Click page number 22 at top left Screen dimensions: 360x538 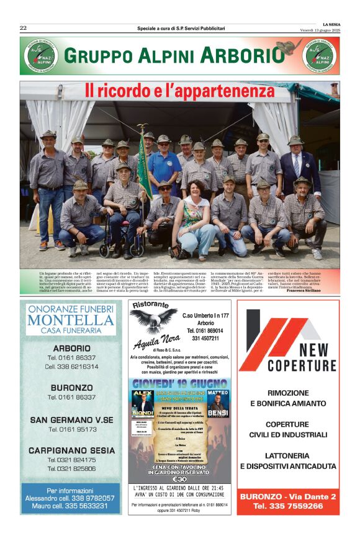(x=23, y=28)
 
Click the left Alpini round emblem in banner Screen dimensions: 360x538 (x=38, y=56)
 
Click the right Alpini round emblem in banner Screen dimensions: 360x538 (x=320, y=56)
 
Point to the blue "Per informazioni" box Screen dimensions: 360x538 (x=70, y=498)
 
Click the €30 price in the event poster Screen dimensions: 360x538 (x=179, y=479)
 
